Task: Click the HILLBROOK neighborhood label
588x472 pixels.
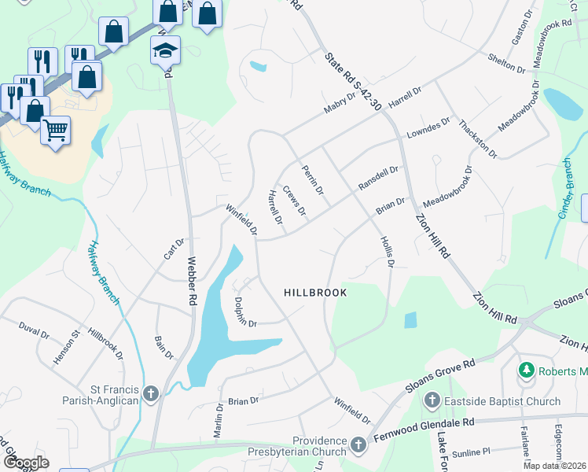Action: pos(315,292)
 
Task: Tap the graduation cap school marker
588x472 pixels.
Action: pos(165,50)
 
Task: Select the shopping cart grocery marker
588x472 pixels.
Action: pos(55,131)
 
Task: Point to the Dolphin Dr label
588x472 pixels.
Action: pos(244,311)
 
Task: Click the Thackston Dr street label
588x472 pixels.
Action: pos(478,138)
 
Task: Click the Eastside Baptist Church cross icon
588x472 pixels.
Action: pos(431,401)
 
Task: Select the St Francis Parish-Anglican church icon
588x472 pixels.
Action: pos(151,393)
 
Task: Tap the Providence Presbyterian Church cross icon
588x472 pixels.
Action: pos(358,445)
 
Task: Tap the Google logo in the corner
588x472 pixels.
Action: pos(26,463)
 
